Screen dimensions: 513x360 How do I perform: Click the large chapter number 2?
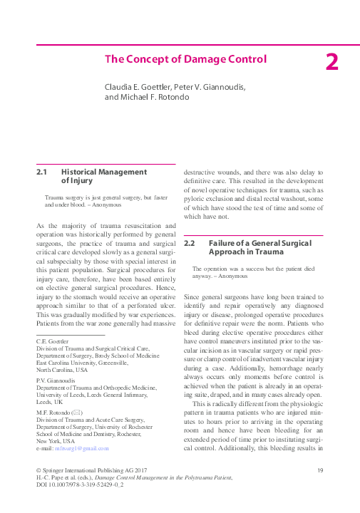coord(331,62)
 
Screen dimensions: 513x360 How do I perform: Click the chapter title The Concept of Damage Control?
coord(185,59)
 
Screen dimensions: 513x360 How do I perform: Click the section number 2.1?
coord(41,172)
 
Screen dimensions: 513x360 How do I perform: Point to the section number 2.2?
coord(190,244)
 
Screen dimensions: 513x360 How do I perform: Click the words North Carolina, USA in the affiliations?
coord(62,370)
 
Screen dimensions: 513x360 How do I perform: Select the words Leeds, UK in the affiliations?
coord(48,401)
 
